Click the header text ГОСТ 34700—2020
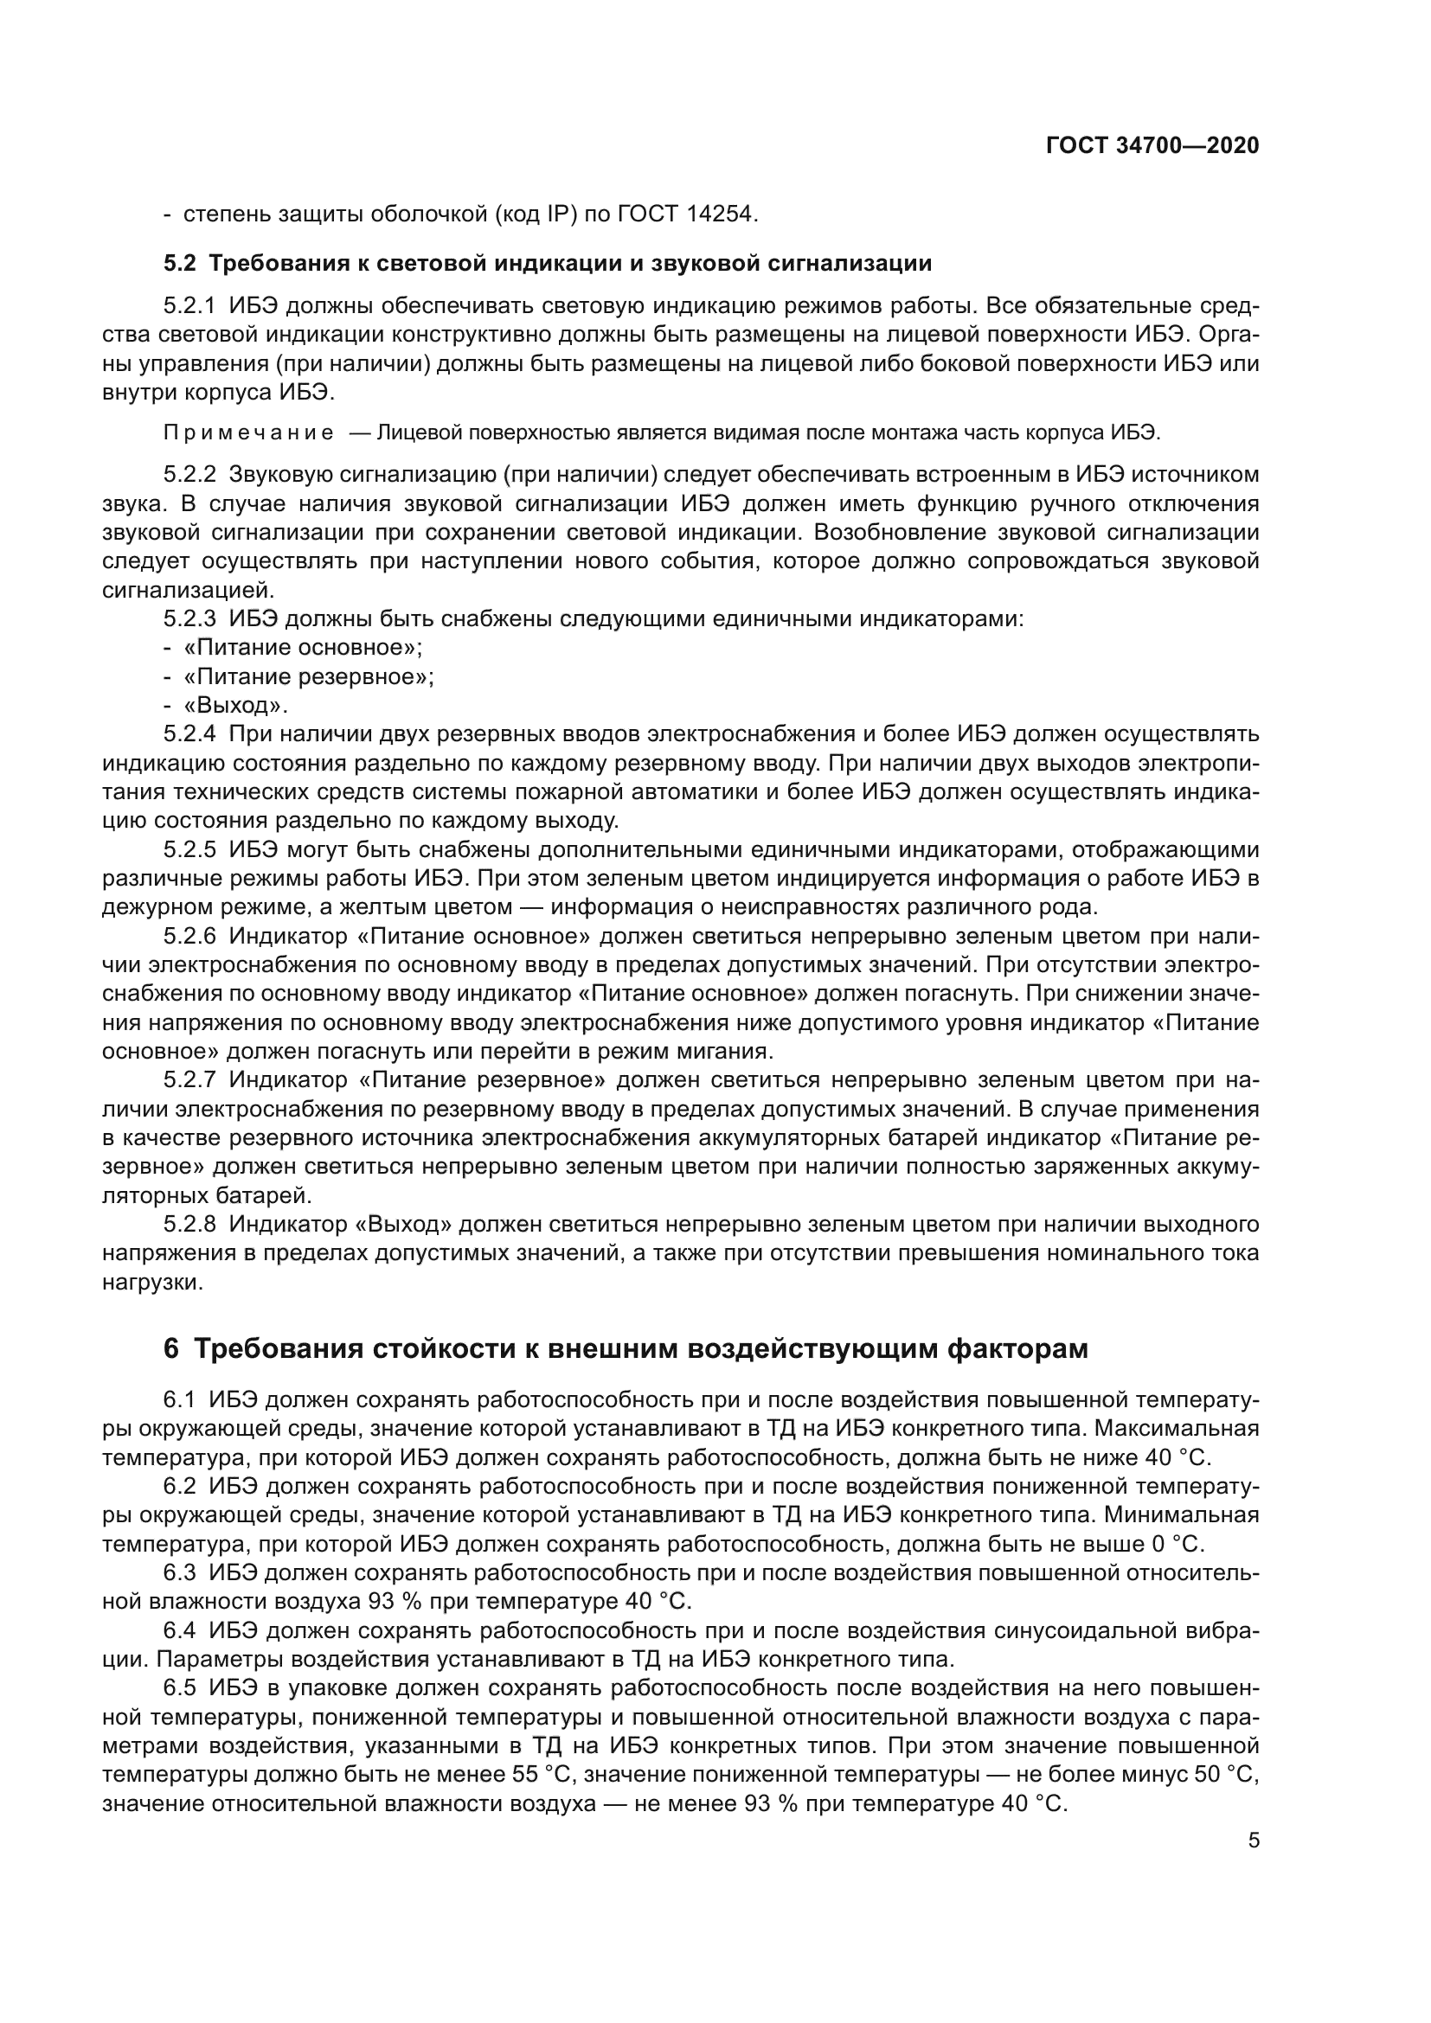coord(1152,146)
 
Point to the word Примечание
coord(248,432)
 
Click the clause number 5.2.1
coord(189,307)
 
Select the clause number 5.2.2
coord(189,475)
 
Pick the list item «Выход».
coord(235,706)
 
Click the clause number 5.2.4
coord(189,734)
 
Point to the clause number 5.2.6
coord(189,936)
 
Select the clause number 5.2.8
coord(189,1224)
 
